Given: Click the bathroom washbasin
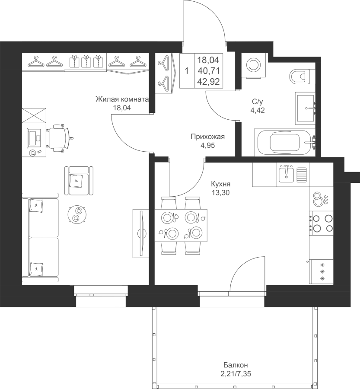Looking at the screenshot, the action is tap(305, 108).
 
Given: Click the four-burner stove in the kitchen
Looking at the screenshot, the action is tap(321, 223).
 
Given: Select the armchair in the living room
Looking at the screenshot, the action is tap(79, 181).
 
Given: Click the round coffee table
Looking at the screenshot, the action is tap(77, 214).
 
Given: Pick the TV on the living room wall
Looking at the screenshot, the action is tap(141, 233).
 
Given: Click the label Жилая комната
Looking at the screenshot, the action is tap(122, 99).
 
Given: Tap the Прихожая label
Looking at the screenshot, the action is tap(208, 137).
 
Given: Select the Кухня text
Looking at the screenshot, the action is tap(220, 184).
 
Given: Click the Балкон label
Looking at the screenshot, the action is tap(236, 365).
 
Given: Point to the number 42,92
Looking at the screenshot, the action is tap(209, 82).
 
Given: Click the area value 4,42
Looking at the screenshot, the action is tap(258, 110).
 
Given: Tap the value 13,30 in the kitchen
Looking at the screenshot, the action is tap(220, 192).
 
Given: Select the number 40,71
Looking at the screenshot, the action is tap(209, 71).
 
